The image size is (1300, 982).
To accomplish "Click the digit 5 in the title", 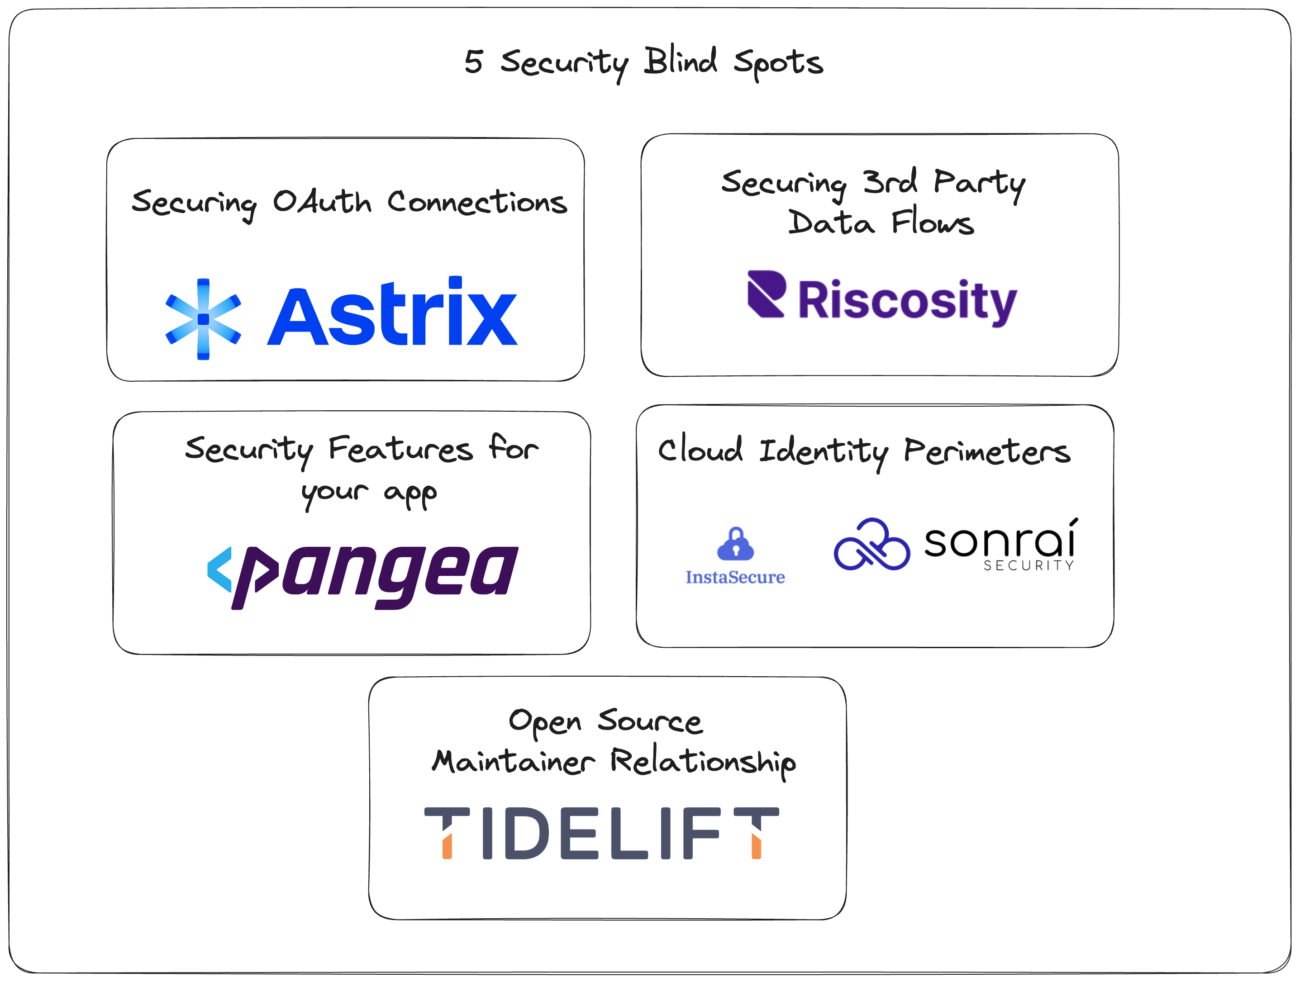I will [474, 62].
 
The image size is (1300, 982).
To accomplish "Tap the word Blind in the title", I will [681, 61].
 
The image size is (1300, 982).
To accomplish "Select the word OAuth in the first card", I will [322, 202].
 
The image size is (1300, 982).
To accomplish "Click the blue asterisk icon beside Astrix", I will [203, 319].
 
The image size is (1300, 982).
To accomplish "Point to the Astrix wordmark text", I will [393, 314].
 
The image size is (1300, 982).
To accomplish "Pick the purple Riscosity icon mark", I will [766, 294].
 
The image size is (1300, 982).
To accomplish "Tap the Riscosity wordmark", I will [907, 301].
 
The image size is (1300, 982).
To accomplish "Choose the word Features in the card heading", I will [400, 450].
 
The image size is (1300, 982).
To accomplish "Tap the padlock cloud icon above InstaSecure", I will [735, 544].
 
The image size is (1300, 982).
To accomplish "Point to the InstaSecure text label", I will [735, 577].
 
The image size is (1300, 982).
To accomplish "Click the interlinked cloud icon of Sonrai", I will [871, 545].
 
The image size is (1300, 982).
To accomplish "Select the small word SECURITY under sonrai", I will [1029, 565].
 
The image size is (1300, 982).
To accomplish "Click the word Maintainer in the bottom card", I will [514, 762].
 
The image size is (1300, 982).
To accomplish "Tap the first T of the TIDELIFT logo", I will [447, 832].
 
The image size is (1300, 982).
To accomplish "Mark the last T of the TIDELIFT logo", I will [757, 832].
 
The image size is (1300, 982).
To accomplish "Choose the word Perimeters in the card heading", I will [987, 452].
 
